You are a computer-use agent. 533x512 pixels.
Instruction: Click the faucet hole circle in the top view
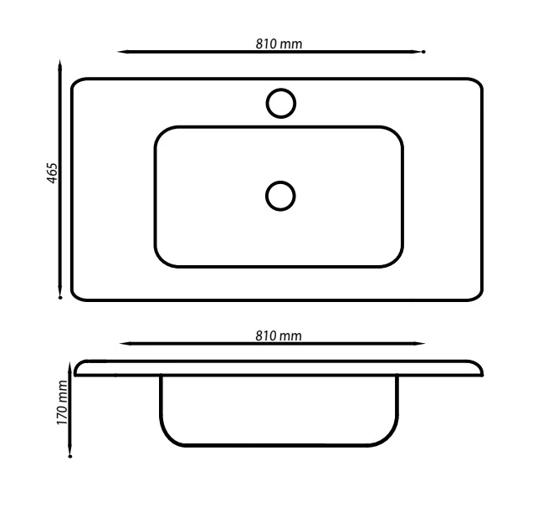[281, 89]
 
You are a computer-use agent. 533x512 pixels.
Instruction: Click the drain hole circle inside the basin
[280, 182]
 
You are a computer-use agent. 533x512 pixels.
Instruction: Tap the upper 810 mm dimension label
[279, 44]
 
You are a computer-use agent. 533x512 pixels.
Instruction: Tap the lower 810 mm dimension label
[279, 335]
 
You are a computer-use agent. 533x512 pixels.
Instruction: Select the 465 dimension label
[53, 173]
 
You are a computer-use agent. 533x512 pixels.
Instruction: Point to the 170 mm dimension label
[62, 402]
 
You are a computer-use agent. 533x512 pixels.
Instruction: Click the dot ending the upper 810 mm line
[423, 52]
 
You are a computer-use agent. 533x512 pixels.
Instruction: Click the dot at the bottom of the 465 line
[60, 298]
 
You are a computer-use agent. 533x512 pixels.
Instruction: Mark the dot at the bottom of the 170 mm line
[70, 456]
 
